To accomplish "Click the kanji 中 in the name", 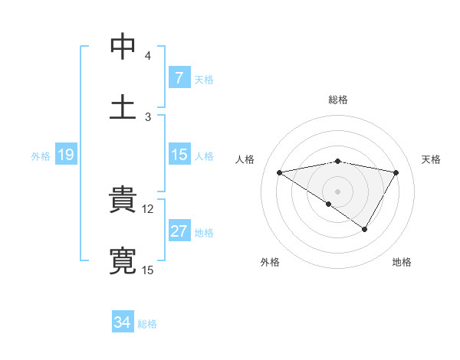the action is pyautogui.click(x=123, y=47).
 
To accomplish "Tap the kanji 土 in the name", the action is pyautogui.click(x=123, y=106).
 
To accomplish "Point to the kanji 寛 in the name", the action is pyautogui.click(x=123, y=260).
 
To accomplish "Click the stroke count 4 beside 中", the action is pyautogui.click(x=147, y=56).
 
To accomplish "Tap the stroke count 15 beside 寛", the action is pyautogui.click(x=148, y=270).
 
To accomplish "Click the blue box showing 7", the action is pyautogui.click(x=179, y=77).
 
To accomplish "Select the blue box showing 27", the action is pyautogui.click(x=179, y=231).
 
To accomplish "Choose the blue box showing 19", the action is pyautogui.click(x=65, y=155).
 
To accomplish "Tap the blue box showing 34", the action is pyautogui.click(x=123, y=322).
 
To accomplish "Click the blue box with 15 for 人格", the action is pyautogui.click(x=179, y=155).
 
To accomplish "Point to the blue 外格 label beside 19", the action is pyautogui.click(x=41, y=155).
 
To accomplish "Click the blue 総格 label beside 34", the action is pyautogui.click(x=147, y=324).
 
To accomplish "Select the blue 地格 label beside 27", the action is pyautogui.click(x=204, y=232).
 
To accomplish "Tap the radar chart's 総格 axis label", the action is pyautogui.click(x=338, y=100).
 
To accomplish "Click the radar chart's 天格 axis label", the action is pyautogui.click(x=432, y=159).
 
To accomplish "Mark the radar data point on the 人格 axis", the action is pyautogui.click(x=280, y=172).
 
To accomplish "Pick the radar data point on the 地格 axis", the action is pyautogui.click(x=365, y=228).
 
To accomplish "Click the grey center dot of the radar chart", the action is pyautogui.click(x=338, y=191).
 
